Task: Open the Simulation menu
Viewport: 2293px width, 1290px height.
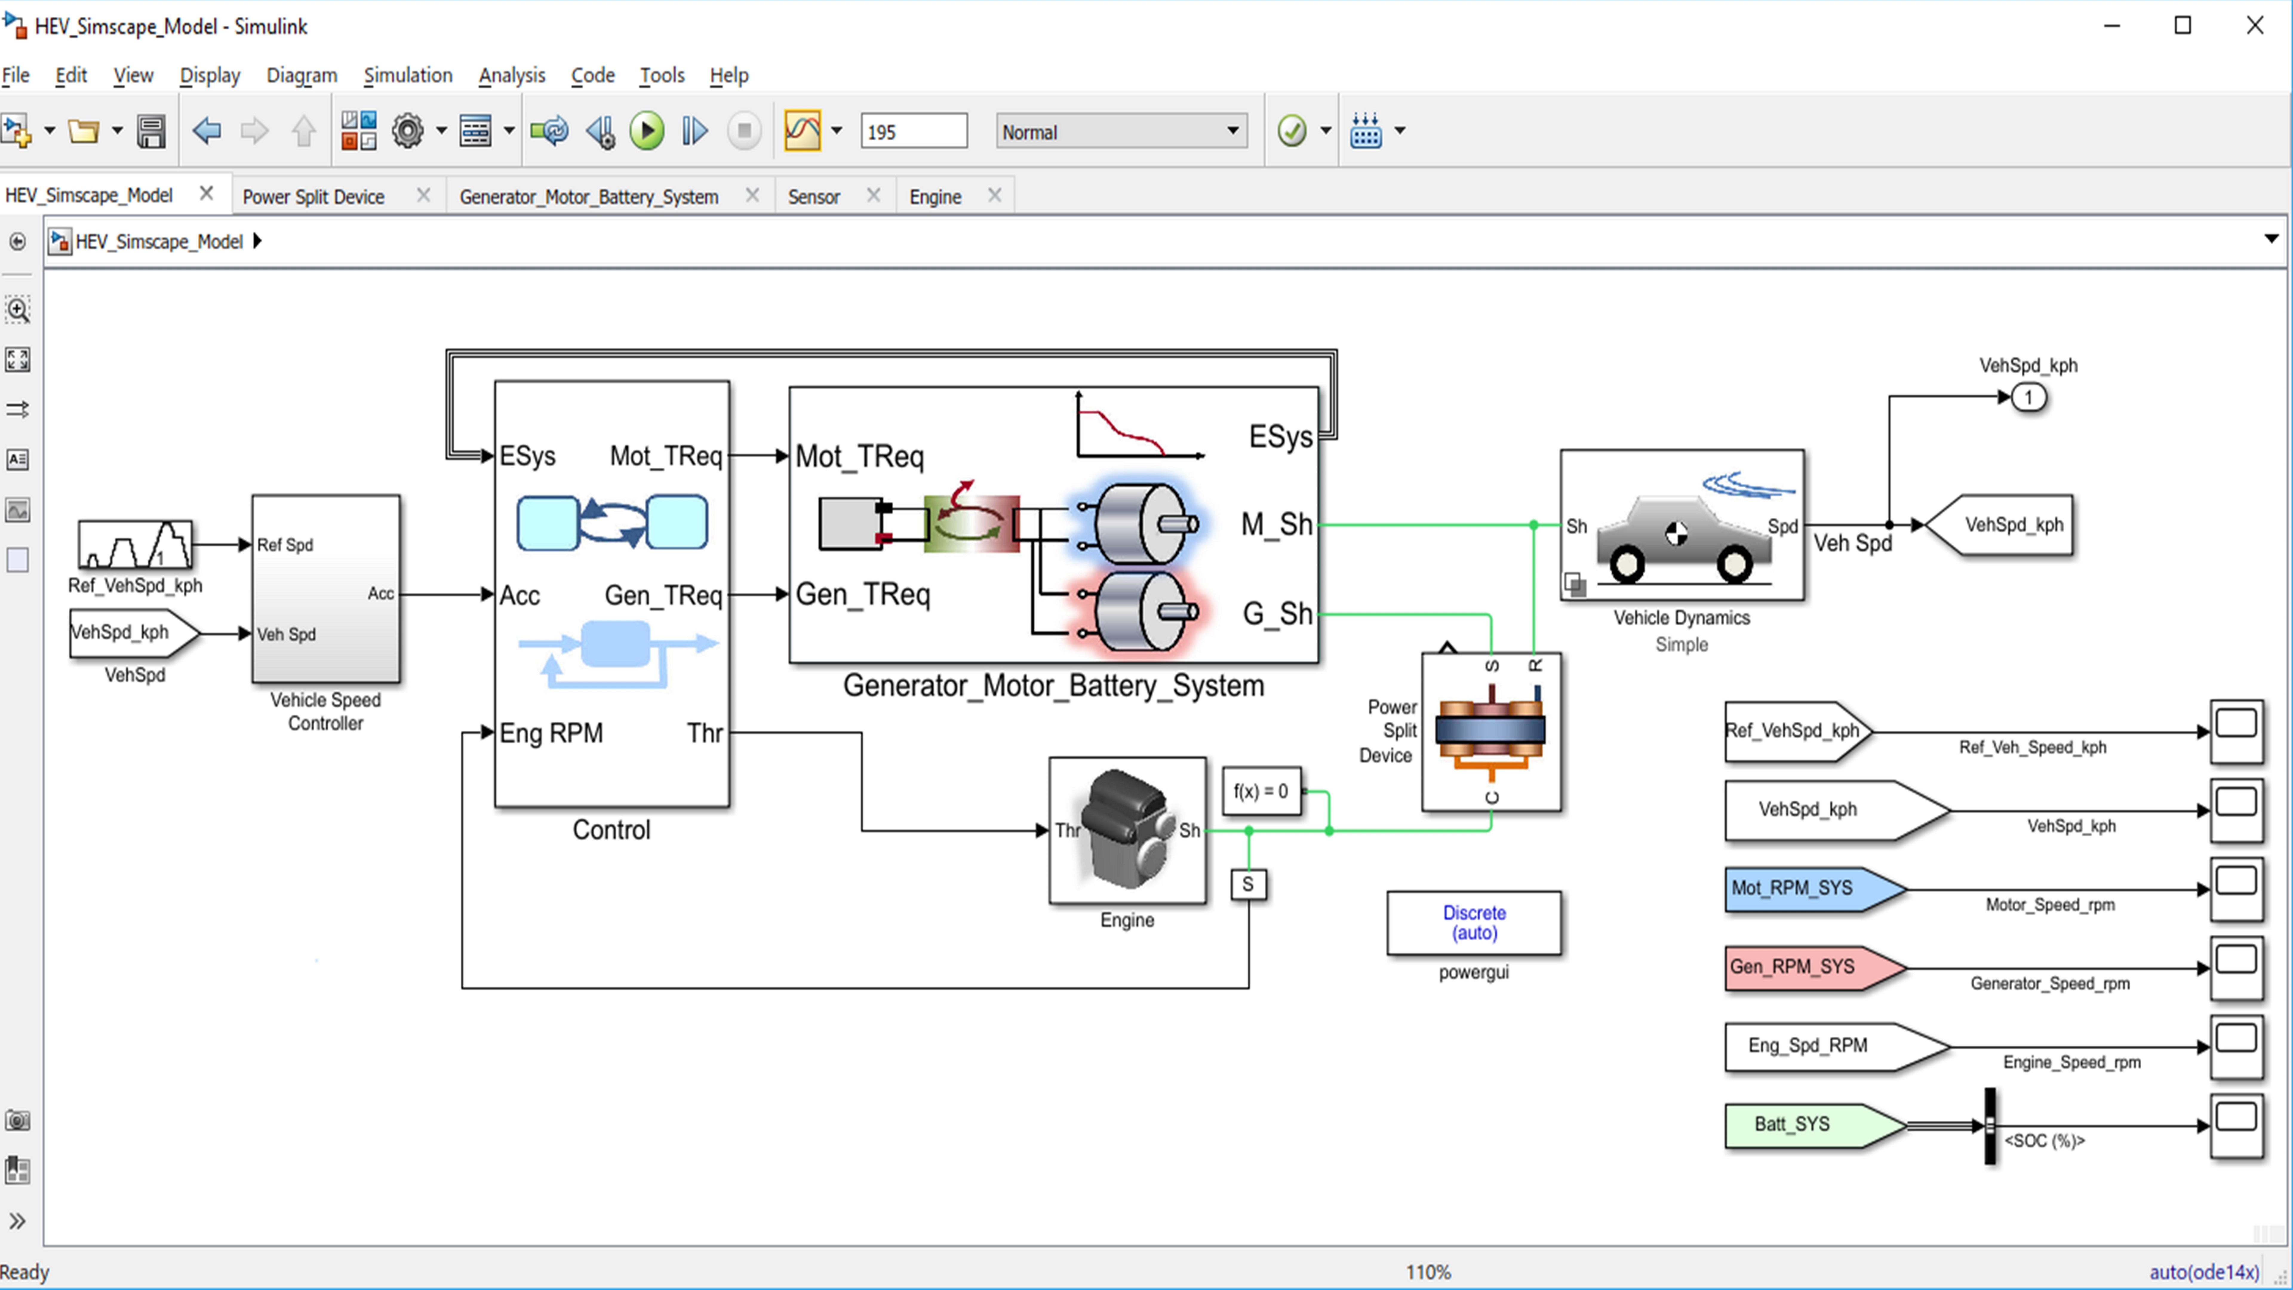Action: (x=408, y=76)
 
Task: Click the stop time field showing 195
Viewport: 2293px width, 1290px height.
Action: (x=913, y=132)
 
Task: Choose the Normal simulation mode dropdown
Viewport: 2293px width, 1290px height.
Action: (x=1121, y=132)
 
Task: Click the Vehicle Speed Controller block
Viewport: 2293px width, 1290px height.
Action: (x=326, y=589)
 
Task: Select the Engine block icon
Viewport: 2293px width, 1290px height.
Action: (x=1127, y=830)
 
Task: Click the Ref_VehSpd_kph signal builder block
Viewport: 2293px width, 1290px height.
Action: (x=134, y=544)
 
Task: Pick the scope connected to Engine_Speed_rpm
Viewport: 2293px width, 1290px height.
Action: (x=2236, y=1047)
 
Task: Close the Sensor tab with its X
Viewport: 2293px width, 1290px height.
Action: (x=873, y=195)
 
